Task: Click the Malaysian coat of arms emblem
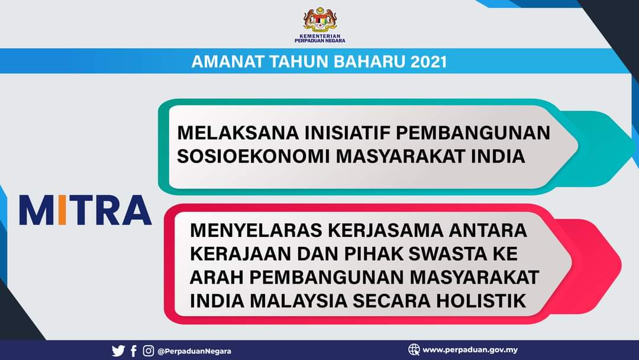[320, 20]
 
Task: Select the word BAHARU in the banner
[370, 62]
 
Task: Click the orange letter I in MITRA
[62, 210]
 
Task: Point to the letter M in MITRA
[37, 210]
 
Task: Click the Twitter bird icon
[118, 351]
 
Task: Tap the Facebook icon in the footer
[134, 351]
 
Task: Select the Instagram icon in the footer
[149, 351]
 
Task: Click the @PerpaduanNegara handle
[195, 351]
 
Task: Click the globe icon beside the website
[414, 349]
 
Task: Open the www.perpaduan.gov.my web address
[470, 350]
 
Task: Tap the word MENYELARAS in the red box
[257, 230]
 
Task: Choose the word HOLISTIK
[481, 301]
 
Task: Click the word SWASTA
[448, 254]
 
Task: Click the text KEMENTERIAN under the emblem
[320, 36]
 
